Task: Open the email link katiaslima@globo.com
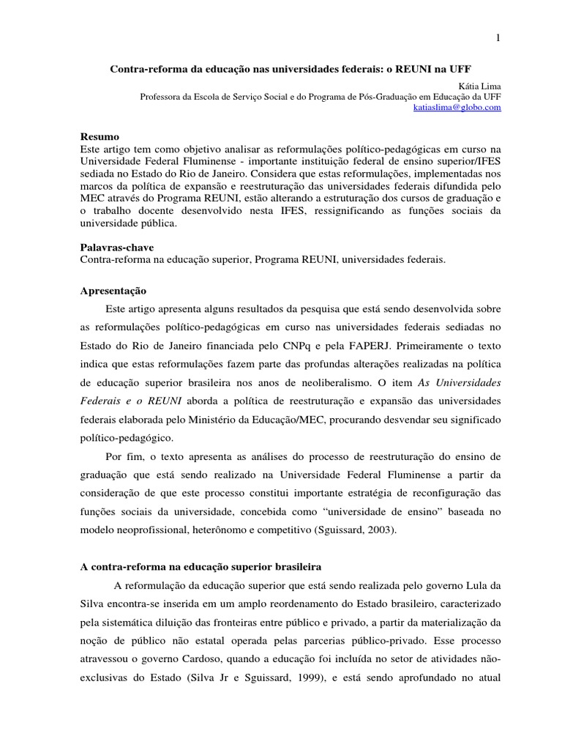(457, 107)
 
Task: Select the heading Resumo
(100, 137)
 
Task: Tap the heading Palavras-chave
(116, 248)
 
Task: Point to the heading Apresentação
(113, 291)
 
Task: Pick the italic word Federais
(102, 402)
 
